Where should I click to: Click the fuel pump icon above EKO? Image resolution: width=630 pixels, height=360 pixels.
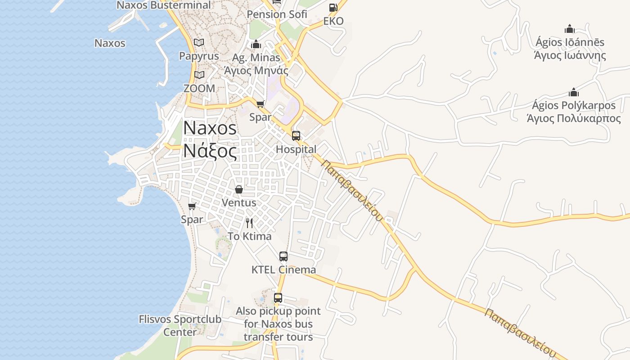333,7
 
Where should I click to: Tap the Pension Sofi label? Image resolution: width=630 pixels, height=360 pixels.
277,14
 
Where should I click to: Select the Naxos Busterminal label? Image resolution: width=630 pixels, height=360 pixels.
163,5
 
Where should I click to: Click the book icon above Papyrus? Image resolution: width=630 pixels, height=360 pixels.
199,43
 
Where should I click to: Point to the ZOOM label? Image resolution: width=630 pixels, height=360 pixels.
199,88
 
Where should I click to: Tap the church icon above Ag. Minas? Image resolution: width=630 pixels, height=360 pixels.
256,44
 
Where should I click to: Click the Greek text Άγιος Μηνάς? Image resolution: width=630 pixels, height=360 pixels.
256,71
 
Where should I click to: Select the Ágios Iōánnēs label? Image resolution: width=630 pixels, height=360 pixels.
570,42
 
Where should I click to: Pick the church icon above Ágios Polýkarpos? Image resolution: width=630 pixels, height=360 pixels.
574,92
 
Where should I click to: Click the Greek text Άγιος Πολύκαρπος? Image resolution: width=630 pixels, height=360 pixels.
574,118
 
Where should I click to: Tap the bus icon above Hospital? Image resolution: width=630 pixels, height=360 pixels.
296,136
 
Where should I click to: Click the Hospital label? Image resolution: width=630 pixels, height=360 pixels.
296,149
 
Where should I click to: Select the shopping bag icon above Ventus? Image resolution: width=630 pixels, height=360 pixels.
239,189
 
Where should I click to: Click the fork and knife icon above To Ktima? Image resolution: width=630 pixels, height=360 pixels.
249,223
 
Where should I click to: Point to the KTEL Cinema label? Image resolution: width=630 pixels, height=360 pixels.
283,270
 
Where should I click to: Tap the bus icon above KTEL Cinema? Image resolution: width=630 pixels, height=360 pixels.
283,256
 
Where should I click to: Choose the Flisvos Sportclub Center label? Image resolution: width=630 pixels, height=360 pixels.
180,326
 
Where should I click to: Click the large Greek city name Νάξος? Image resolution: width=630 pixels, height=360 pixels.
210,151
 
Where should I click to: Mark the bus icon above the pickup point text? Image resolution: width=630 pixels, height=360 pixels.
278,298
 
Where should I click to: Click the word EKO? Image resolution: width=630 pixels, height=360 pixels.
333,21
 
